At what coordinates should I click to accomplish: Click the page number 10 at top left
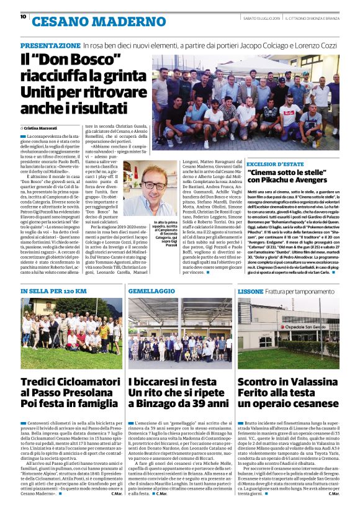tap(23, 17)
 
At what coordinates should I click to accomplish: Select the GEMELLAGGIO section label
tap(153, 290)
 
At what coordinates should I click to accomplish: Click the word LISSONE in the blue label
tap(251, 290)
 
